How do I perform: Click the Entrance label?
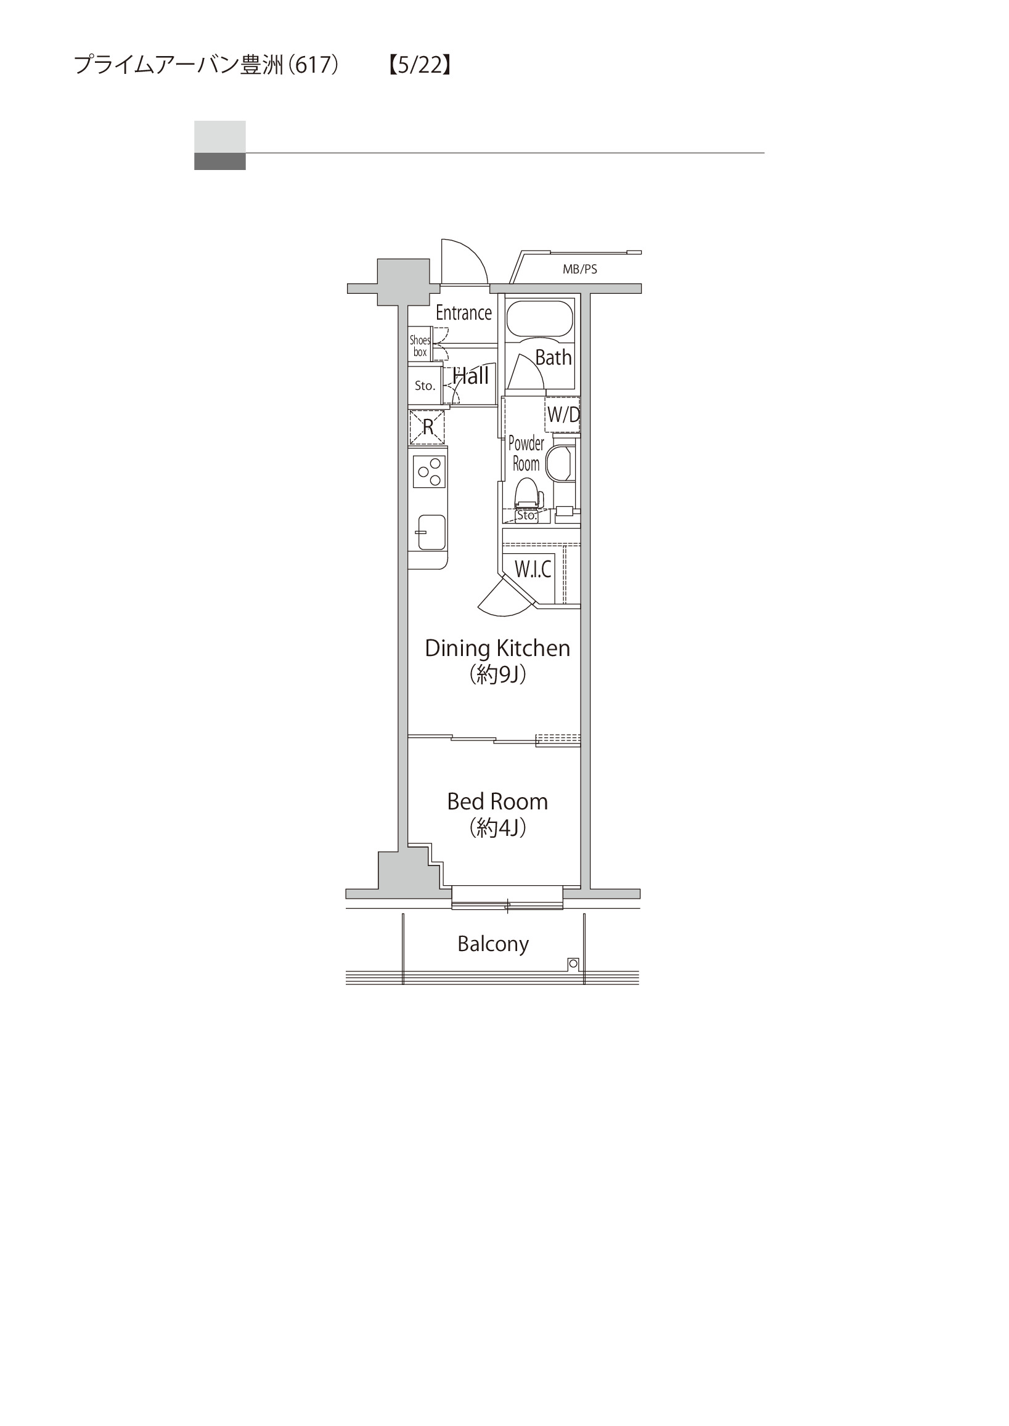coord(464,312)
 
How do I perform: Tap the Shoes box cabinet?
coord(420,346)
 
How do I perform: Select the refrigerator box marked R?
coord(428,427)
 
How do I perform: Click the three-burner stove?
coord(429,471)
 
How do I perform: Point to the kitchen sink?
coord(431,532)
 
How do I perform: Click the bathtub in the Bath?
coord(539,319)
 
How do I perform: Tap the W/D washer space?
coord(562,415)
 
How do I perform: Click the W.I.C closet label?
coord(533,569)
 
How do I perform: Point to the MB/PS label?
coord(579,269)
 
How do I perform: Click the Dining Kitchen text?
coord(497,648)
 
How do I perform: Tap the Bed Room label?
coord(497,801)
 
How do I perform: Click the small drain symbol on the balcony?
coord(573,964)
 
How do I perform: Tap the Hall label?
coord(471,376)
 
